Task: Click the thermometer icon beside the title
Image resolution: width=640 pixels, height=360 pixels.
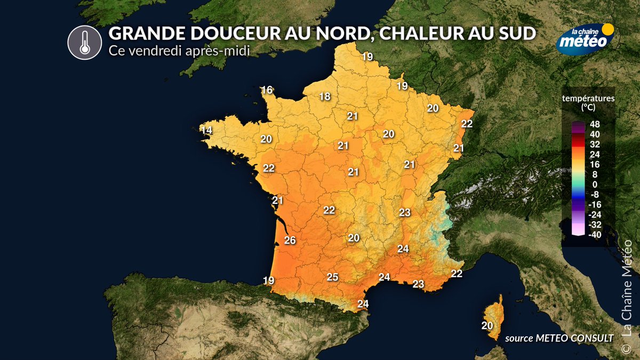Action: click(84, 42)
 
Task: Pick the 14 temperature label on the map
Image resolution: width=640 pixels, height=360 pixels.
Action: click(206, 130)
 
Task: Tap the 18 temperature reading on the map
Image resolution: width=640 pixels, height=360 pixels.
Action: click(325, 97)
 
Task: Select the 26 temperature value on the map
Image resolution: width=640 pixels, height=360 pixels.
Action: click(290, 240)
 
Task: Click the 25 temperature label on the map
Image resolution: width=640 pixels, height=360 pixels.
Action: click(332, 277)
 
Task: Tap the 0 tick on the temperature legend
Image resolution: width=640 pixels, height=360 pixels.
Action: click(595, 184)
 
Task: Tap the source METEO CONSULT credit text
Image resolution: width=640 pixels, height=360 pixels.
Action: click(558, 337)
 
